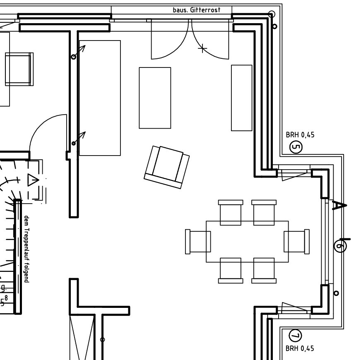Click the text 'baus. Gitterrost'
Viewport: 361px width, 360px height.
tap(196, 10)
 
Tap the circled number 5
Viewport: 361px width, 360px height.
tap(296, 146)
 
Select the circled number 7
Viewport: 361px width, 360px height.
tap(296, 336)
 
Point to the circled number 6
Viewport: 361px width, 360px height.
tap(340, 245)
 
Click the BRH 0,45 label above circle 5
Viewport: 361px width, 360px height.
tap(300, 135)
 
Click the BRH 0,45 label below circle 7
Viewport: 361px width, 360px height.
tap(300, 348)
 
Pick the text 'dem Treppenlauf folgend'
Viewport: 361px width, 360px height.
tap(26, 249)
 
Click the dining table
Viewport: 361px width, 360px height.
tap(247, 241)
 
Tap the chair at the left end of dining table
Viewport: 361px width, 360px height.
tap(198, 241)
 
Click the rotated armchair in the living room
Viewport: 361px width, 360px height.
tap(167, 167)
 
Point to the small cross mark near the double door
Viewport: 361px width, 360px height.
tap(202, 49)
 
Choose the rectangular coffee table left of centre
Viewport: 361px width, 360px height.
tap(155, 98)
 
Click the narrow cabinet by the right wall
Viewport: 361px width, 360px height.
tap(241, 98)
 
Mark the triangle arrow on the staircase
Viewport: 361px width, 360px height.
tap(33, 180)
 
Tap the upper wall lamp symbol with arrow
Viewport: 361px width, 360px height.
tap(79, 52)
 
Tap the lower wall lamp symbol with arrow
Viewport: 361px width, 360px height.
tap(79, 138)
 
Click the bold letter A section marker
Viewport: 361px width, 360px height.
tap(339, 205)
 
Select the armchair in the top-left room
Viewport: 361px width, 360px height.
tap(19, 69)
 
